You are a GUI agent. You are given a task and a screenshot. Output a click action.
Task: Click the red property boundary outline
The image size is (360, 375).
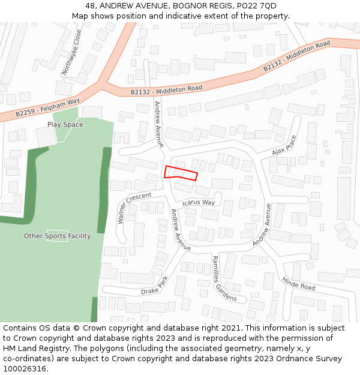(181, 173)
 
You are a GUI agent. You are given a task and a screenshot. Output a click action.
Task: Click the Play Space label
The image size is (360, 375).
(65, 125)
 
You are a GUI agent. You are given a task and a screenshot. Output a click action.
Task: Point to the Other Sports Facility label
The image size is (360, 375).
(57, 236)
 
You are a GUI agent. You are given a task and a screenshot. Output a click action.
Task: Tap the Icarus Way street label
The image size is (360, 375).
(199, 202)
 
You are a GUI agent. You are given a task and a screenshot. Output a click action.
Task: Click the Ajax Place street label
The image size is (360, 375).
(284, 145)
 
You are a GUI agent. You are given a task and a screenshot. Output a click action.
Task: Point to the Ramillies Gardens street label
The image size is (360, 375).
(224, 278)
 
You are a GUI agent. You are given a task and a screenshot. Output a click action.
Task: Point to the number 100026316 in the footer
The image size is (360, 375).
(25, 368)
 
